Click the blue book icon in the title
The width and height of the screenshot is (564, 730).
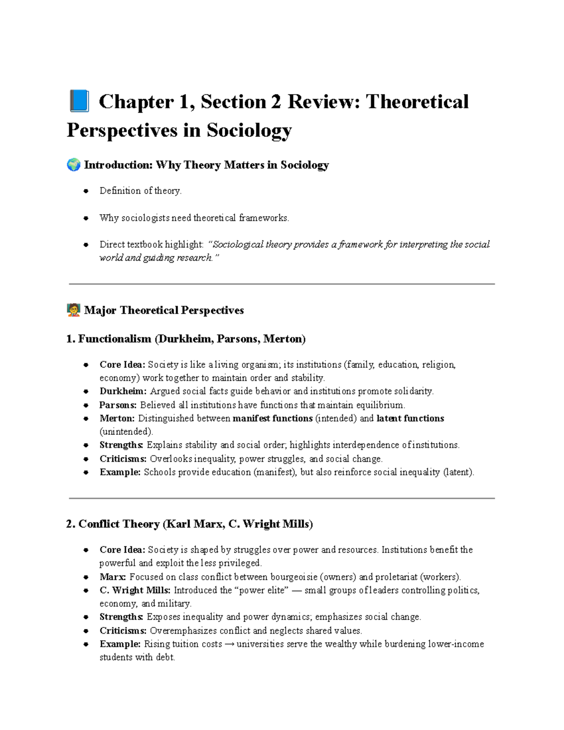(79, 102)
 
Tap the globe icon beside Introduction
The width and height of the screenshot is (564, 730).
(73, 165)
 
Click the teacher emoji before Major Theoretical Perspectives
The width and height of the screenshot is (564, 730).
(73, 310)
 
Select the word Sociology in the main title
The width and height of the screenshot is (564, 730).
(249, 130)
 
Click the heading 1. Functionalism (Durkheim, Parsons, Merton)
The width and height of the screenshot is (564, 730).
(186, 339)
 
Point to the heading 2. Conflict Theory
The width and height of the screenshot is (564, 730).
(189, 524)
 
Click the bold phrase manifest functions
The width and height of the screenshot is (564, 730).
(273, 418)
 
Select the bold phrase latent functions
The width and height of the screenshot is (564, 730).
(410, 418)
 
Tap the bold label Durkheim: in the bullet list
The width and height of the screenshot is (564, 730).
(123, 391)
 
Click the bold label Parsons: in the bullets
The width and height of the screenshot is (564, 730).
(118, 405)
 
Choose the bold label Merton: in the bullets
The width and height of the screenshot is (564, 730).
(117, 418)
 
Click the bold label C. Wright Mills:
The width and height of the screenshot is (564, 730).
(135, 590)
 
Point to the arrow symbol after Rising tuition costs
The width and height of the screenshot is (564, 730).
(229, 644)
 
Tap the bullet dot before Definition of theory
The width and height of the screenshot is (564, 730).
(86, 191)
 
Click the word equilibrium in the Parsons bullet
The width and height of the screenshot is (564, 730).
(380, 405)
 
